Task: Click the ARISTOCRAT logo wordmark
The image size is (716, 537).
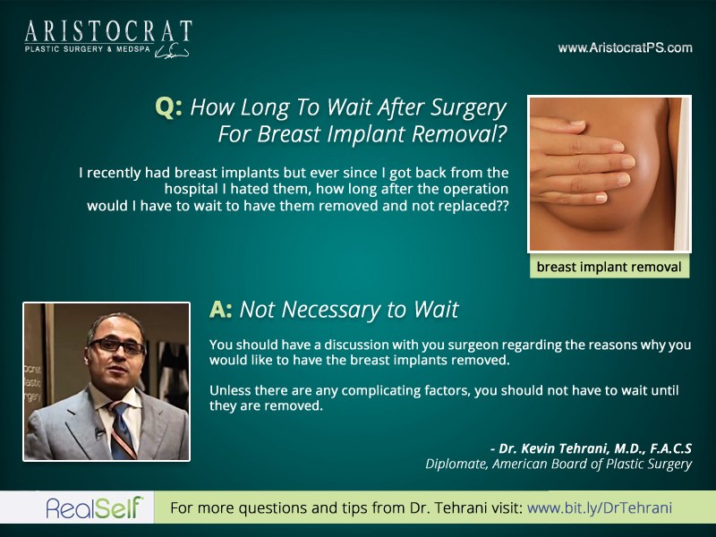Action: tap(108, 31)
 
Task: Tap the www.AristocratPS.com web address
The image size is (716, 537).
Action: tap(625, 48)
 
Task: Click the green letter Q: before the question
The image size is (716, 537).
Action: tap(168, 107)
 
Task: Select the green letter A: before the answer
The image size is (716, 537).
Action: tap(220, 309)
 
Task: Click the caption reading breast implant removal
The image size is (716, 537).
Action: tap(609, 267)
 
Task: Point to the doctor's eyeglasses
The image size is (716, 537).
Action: tap(117, 345)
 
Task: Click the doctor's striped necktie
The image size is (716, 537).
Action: tap(122, 430)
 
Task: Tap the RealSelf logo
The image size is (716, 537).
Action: tap(95, 507)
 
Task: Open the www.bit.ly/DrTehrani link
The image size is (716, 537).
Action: tap(600, 507)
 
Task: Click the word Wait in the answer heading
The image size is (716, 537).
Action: tap(436, 309)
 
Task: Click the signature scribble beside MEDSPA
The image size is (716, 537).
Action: tap(172, 52)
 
